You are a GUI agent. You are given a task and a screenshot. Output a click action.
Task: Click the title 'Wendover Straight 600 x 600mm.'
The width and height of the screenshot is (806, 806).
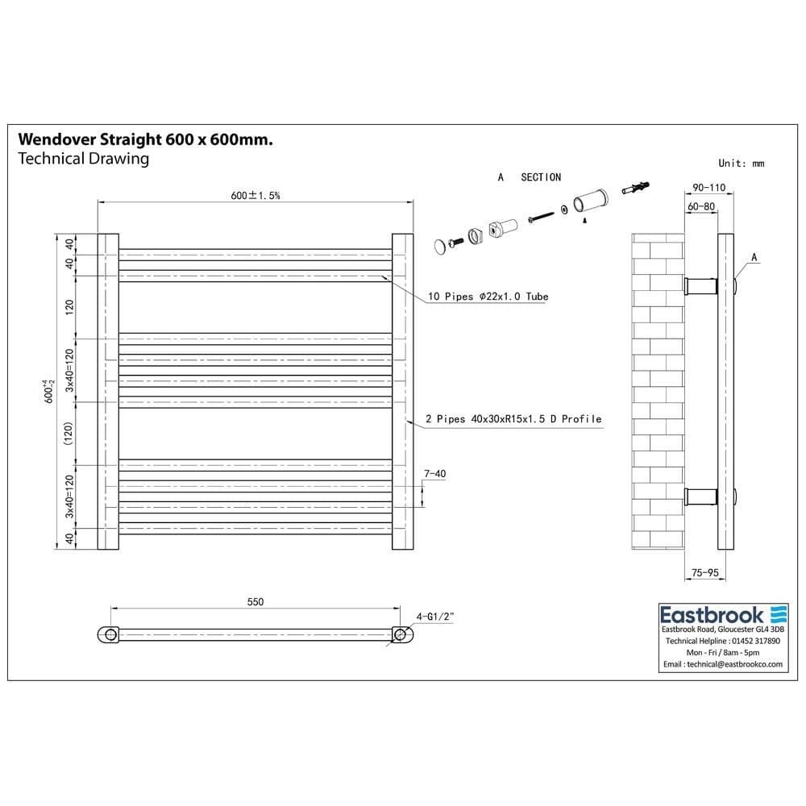(x=145, y=139)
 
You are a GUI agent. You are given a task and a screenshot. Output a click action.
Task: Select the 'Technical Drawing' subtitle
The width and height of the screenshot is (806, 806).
(x=83, y=159)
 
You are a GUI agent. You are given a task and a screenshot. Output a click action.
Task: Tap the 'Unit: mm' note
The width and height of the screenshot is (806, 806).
(x=741, y=164)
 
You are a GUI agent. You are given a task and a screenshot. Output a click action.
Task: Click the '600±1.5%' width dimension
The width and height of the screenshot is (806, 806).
(x=255, y=195)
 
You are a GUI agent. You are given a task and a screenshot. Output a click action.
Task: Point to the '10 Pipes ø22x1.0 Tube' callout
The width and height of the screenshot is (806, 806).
(x=488, y=297)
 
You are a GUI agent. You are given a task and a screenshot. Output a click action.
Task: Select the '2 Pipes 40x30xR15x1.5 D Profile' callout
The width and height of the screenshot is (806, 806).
(x=513, y=419)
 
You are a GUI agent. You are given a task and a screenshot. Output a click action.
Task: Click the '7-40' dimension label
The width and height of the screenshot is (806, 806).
(x=434, y=474)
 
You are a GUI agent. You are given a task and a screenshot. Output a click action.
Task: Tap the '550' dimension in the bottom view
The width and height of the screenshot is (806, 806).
(x=255, y=602)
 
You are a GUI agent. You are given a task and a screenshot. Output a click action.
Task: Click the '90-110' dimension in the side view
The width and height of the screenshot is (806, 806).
(x=709, y=188)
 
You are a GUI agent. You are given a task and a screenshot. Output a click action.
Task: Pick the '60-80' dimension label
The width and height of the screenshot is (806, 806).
(x=701, y=206)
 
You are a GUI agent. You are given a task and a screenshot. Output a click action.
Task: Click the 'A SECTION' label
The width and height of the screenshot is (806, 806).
(x=530, y=177)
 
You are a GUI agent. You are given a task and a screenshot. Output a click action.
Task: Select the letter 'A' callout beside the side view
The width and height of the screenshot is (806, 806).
(x=754, y=257)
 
